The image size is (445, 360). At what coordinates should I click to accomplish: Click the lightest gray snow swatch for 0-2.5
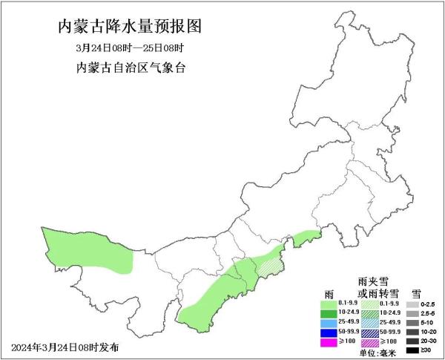point(410,304)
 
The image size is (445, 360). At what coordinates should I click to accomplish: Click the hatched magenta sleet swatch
point(368,343)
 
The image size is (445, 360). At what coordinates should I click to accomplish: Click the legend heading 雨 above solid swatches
point(329,292)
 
